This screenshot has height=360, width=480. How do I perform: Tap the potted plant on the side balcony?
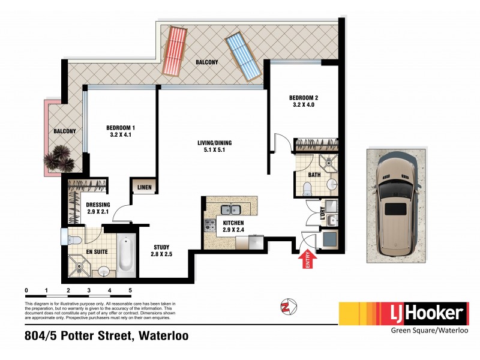59,158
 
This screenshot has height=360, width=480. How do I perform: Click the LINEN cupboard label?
144,187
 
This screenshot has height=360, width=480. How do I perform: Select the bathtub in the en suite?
126,257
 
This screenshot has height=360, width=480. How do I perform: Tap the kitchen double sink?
231,210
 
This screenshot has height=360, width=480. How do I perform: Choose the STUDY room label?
161,250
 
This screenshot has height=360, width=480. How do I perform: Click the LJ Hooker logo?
403,313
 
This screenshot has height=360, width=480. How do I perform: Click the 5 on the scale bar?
130,290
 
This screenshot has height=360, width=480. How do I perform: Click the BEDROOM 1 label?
120,131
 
